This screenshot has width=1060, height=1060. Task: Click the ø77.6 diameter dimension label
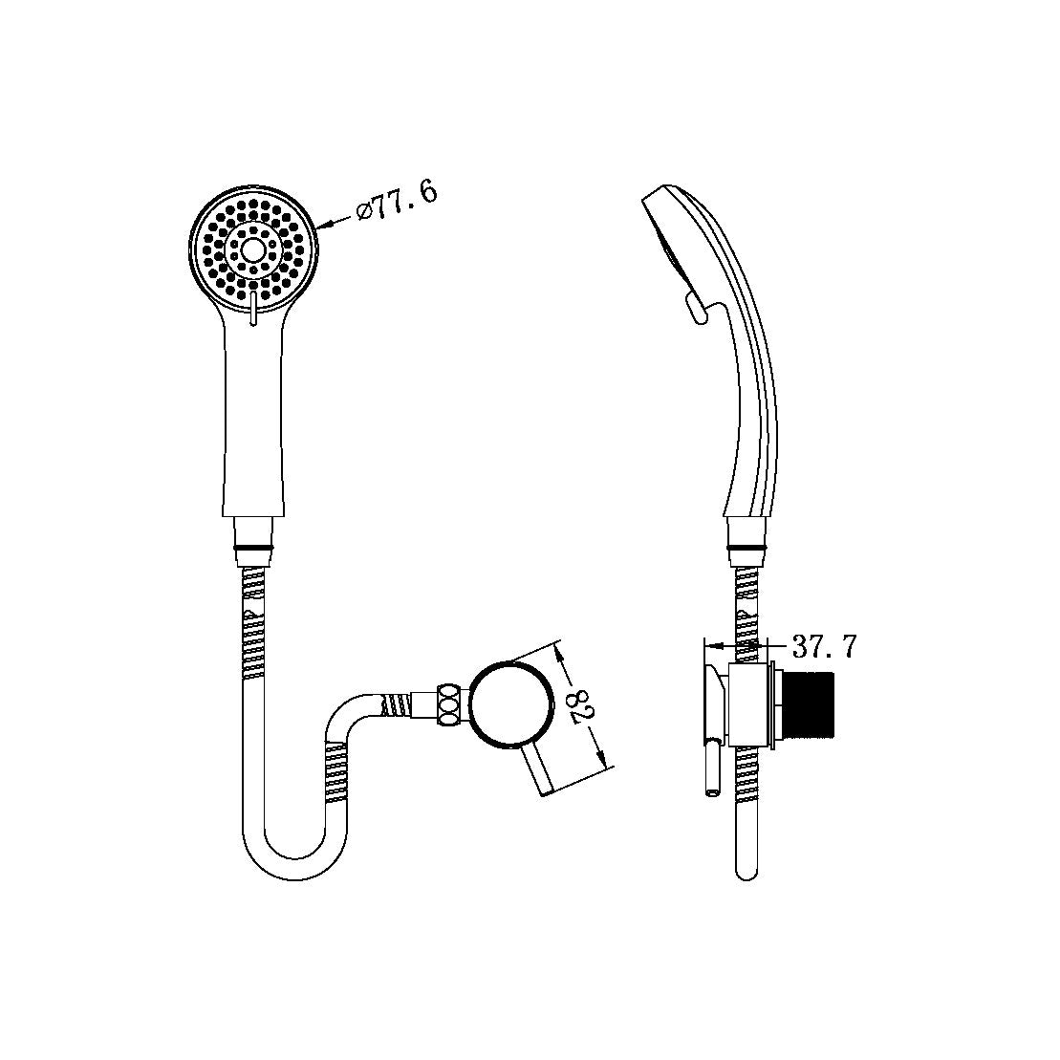coord(397,201)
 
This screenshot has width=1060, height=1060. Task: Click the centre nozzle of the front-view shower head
coord(253,249)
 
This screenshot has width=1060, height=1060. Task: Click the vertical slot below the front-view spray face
coord(253,312)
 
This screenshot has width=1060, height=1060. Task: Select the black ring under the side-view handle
coord(746,548)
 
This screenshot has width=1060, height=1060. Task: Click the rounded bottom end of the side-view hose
coord(746,872)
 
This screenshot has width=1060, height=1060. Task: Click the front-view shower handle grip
coord(253,421)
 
